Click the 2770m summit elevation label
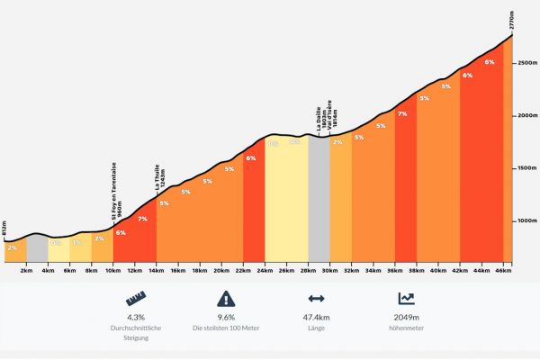tap(512, 21)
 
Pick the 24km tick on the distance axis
tap(265, 270)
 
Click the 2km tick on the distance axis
tap(26, 270)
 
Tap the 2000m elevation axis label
tap(526, 116)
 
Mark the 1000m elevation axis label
tap(526, 221)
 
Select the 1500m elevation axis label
tap(526, 169)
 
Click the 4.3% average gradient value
tap(135, 318)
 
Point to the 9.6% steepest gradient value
tap(225, 318)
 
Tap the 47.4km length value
tap(315, 318)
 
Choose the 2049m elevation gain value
tap(405, 318)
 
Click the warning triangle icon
tap(225, 299)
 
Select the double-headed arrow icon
tap(315, 299)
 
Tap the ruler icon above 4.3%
tap(135, 299)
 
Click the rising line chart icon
tap(405, 299)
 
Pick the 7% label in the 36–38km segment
tap(402, 114)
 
